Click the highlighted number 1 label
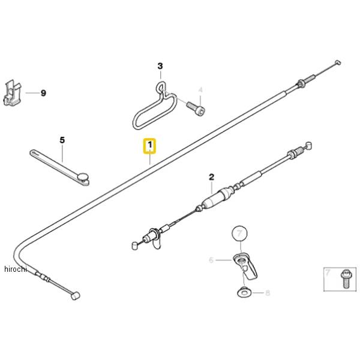pyautogui.click(x=149, y=146)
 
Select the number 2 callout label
pyautogui.click(x=211, y=177)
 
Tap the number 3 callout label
pyautogui.click(x=160, y=66)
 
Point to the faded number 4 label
pyautogui.click(x=201, y=90)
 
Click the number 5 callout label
pyautogui.click(x=62, y=140)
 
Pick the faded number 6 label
pyautogui.click(x=211, y=260)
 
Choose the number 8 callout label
pyautogui.click(x=268, y=293)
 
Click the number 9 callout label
pyautogui.click(x=43, y=93)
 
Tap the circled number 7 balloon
pyautogui.click(x=239, y=232)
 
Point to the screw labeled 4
pyautogui.click(x=196, y=109)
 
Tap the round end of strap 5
pyautogui.click(x=82, y=176)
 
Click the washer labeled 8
pyautogui.click(x=244, y=293)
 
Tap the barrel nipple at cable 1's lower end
pyautogui.click(x=75, y=296)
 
